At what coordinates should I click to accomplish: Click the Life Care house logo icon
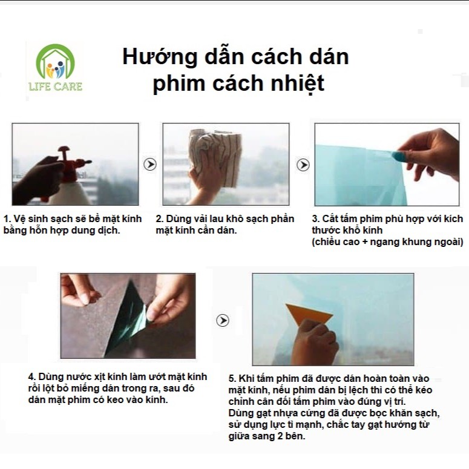point(55,62)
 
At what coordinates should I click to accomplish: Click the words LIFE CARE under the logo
point(55,87)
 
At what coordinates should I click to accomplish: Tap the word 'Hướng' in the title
point(160,56)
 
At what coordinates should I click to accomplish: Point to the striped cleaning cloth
point(215,156)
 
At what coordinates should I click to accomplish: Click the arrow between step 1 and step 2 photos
point(150,164)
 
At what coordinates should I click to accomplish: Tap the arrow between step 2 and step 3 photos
point(303,165)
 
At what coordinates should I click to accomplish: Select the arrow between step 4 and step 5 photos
point(223,320)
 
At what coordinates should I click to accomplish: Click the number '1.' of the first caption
point(7,219)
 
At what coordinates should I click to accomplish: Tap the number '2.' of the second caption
point(159,219)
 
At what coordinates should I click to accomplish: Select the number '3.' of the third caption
point(316,219)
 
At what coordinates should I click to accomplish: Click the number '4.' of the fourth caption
point(32,377)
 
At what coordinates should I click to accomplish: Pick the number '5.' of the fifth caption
point(232,379)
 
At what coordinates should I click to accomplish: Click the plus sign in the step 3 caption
point(365,241)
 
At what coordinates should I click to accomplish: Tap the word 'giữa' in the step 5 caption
point(238,436)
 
